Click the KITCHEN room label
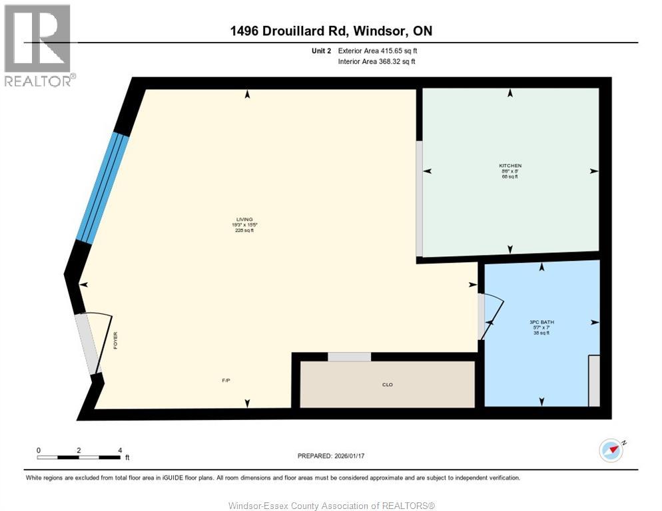(510, 166)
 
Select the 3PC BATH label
(541, 322)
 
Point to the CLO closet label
(387, 385)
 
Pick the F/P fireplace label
(226, 380)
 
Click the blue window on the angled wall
(103, 187)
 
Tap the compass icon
(611, 450)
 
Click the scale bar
(79, 457)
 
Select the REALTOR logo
(39, 45)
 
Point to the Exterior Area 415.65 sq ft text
(378, 51)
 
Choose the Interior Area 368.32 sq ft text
(378, 62)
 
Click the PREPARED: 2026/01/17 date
(332, 456)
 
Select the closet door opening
(349, 357)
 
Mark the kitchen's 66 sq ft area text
(510, 178)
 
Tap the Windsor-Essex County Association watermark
(331, 506)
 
